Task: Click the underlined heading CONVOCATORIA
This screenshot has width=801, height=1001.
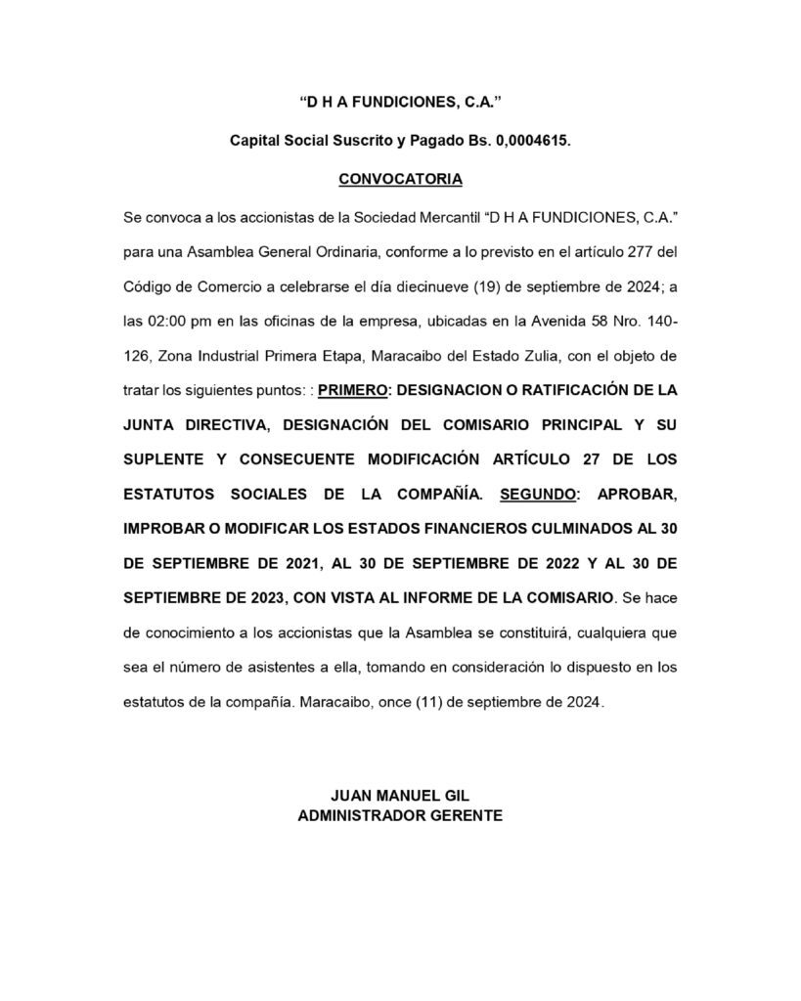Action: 400,180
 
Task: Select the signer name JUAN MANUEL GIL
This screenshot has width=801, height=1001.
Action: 400,796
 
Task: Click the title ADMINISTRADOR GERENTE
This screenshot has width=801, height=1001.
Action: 400,815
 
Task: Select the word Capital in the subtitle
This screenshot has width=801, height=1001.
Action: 257,140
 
